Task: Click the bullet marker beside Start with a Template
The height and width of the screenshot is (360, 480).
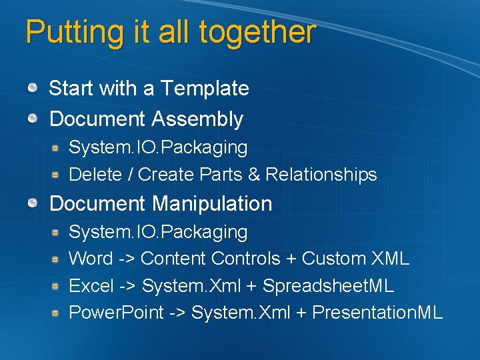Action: (33, 87)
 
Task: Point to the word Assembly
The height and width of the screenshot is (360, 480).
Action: (197, 119)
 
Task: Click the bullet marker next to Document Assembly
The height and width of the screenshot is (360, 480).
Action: (33, 119)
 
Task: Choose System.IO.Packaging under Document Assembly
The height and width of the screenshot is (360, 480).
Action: (158, 147)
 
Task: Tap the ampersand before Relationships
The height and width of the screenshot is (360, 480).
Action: (253, 175)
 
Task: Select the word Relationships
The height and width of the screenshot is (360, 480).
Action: (321, 175)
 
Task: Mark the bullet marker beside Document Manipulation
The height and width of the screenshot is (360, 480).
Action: (33, 203)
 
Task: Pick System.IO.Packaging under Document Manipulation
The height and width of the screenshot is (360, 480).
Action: (158, 232)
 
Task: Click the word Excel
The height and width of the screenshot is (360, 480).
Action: (91, 286)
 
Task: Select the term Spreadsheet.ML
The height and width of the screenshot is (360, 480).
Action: (328, 286)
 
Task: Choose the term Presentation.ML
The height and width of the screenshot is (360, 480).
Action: (377, 313)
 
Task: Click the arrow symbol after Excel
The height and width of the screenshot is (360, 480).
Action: (128, 286)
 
